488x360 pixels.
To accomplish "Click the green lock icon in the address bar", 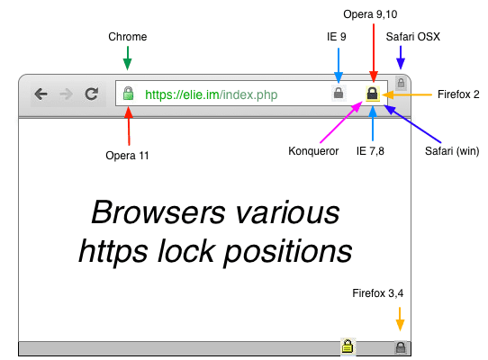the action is tap(128, 94).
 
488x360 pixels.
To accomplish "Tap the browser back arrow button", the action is tap(41, 94).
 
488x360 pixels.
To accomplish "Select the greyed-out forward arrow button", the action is tap(66, 94).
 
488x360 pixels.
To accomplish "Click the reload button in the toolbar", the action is tap(92, 94).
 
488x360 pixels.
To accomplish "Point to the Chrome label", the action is tap(128, 37).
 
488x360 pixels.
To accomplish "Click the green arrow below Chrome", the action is tap(128, 58).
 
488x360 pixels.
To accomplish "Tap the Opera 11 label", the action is tap(127, 156).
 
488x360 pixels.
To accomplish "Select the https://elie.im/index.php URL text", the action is tap(212, 94).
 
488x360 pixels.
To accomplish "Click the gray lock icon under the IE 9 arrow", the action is tap(339, 93).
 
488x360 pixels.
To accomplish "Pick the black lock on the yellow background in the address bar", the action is tap(373, 94).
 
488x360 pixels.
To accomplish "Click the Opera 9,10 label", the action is tap(370, 14).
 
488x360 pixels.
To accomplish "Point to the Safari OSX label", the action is tap(413, 37).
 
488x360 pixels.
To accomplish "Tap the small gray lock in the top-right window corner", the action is tap(402, 83).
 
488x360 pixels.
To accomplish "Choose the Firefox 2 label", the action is tap(458, 94).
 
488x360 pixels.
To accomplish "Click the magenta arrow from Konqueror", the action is tap(341, 121).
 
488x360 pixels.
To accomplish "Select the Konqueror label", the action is tap(313, 151).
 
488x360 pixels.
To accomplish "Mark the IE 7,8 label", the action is tap(370, 151).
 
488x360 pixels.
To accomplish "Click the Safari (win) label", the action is tap(452, 151).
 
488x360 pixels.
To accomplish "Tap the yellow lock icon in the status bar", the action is tap(348, 346).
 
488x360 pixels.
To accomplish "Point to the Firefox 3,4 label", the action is tap(378, 293).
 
